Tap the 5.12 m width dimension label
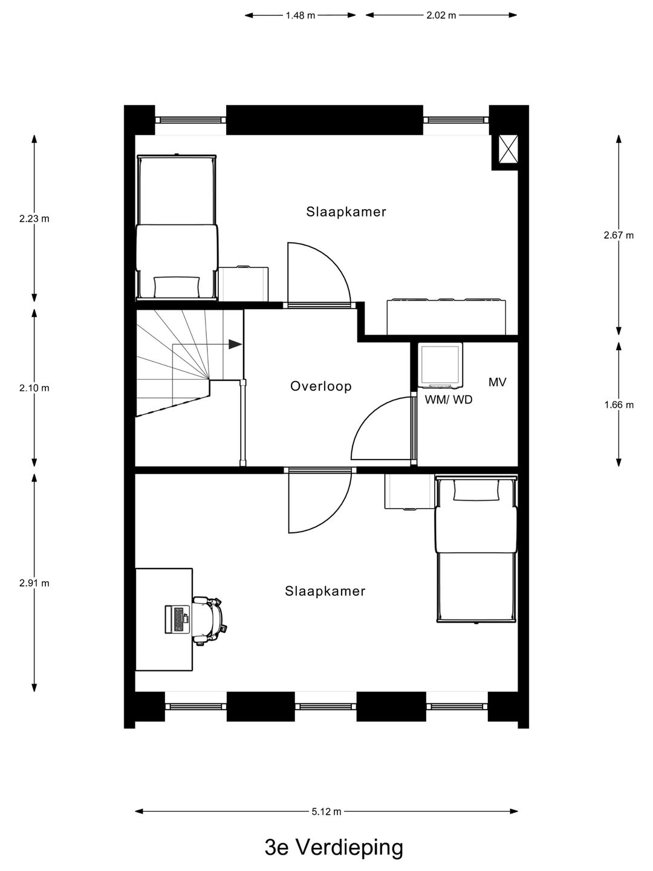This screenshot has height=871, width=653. click(x=326, y=812)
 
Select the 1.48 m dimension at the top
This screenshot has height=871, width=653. click(x=301, y=16)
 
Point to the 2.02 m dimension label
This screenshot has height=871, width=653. click(x=441, y=16)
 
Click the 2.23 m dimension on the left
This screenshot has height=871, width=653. click(x=34, y=219)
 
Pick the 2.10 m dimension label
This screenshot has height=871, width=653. click(x=34, y=388)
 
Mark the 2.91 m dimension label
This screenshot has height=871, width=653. click(x=34, y=583)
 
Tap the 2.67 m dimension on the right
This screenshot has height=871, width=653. click(x=618, y=235)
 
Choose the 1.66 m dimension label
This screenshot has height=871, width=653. click(x=618, y=405)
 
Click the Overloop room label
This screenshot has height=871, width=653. click(x=320, y=387)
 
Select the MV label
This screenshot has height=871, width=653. click(x=497, y=382)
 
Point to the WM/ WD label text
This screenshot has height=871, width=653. click(x=449, y=400)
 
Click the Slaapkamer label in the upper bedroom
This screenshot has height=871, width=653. click(x=346, y=212)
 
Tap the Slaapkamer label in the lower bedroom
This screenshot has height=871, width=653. click(x=325, y=592)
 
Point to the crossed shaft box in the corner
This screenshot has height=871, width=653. click(x=507, y=149)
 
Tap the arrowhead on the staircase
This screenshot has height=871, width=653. click(x=235, y=344)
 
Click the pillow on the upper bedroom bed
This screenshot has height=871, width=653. click(x=176, y=284)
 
